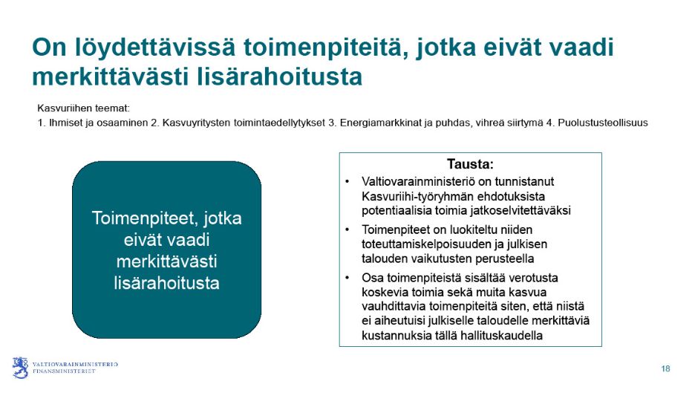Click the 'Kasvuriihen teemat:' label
pyautogui.click(x=83, y=108)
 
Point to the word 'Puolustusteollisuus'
pyautogui.click(x=603, y=123)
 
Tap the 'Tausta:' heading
pyautogui.click(x=470, y=164)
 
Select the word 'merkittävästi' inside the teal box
pyautogui.click(x=166, y=261)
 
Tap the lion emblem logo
pyautogui.click(x=20, y=368)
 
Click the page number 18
pyautogui.click(x=665, y=369)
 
